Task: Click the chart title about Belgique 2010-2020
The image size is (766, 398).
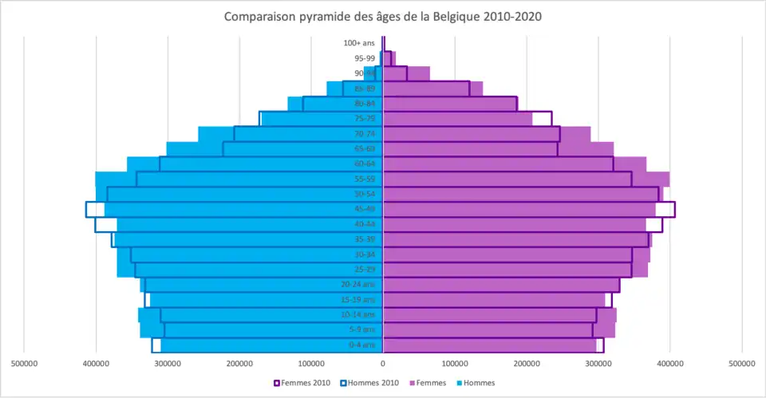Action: [x=383, y=16]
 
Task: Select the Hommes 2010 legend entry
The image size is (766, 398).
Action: [x=369, y=383]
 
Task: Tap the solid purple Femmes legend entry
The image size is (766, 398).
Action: [x=429, y=383]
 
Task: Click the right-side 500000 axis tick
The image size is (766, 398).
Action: [x=742, y=364]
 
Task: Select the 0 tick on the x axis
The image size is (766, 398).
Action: [x=383, y=364]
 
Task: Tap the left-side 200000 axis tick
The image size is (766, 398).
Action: [x=239, y=364]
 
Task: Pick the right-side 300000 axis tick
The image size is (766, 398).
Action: [x=598, y=364]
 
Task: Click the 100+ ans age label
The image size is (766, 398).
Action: [x=359, y=43]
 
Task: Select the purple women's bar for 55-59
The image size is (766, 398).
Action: [x=519, y=179]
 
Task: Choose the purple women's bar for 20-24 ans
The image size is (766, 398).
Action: [x=495, y=285]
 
